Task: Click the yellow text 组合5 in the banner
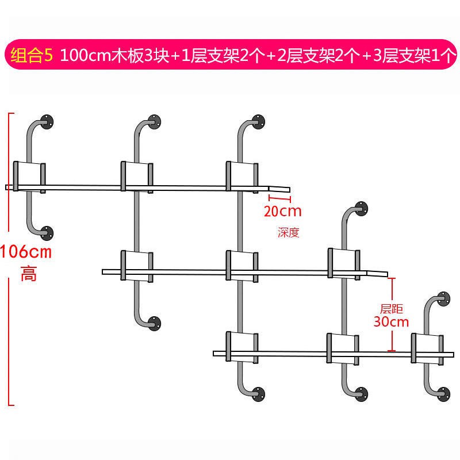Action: click(x=32, y=56)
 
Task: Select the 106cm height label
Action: click(x=26, y=251)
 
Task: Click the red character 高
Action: click(x=28, y=274)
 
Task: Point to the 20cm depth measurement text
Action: click(x=282, y=210)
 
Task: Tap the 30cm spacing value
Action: click(x=390, y=321)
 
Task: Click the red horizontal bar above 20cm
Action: click(x=281, y=198)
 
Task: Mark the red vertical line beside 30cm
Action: click(x=393, y=314)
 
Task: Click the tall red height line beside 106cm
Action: click(x=10, y=259)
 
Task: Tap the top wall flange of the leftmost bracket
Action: click(x=48, y=121)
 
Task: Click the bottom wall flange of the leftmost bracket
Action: click(x=47, y=233)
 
